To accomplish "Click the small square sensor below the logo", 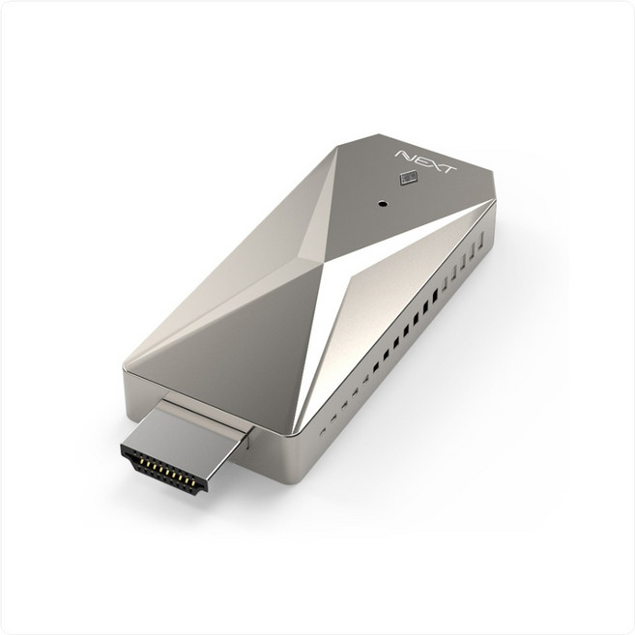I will pyautogui.click(x=406, y=178).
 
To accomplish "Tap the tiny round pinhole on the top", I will pyautogui.click(x=383, y=205).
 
